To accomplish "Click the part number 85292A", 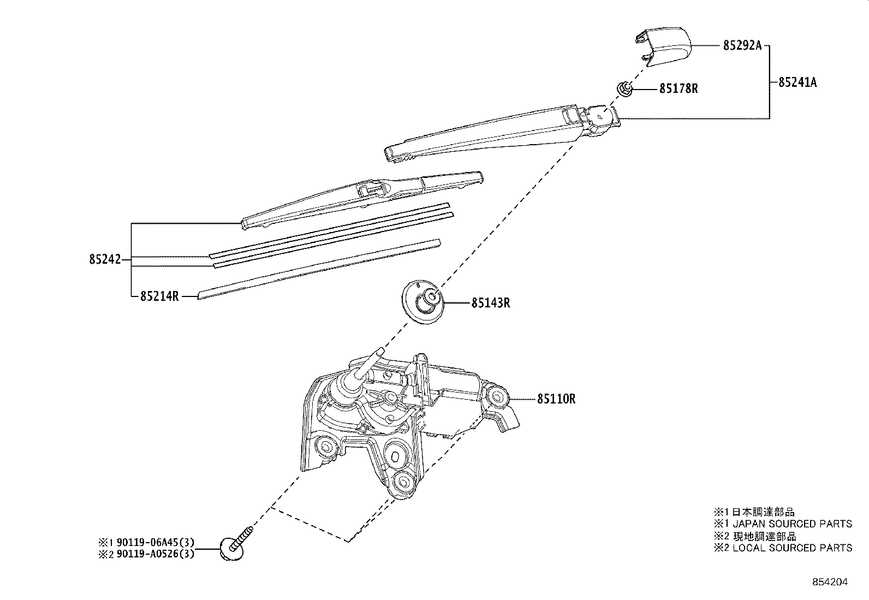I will click(742, 46).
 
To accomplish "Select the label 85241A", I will click(797, 82).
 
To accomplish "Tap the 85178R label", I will click(678, 88).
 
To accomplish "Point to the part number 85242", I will click(104, 260).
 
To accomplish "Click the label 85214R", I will click(159, 296).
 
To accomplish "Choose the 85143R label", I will click(491, 302).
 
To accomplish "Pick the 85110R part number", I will click(556, 399).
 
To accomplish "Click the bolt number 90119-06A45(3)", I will click(154, 543).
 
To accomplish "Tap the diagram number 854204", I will click(830, 582).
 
